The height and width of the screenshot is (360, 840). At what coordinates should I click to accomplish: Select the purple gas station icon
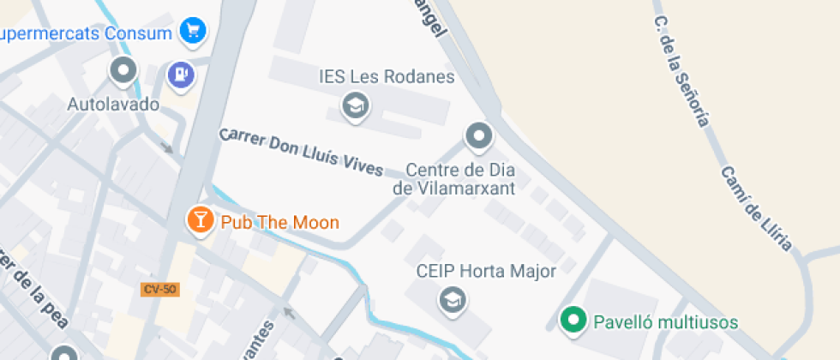(181, 75)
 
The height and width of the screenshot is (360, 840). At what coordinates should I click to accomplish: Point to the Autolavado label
(113, 105)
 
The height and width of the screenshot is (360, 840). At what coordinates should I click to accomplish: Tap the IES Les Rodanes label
(386, 77)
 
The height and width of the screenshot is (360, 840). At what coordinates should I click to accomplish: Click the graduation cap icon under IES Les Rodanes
(353, 106)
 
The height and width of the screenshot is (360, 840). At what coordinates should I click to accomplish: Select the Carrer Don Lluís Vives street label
(300, 153)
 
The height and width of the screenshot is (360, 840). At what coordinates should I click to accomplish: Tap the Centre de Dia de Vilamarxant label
(454, 178)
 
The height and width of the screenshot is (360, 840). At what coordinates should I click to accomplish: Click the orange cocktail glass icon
(200, 220)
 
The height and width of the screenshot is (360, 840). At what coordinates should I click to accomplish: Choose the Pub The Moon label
(279, 222)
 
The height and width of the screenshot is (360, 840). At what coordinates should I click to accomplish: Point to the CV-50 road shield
(159, 290)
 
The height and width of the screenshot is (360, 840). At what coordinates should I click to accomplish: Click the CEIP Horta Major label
(486, 272)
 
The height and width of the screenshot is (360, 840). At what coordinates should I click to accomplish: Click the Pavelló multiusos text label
(665, 322)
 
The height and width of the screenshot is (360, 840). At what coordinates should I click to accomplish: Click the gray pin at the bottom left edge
(64, 353)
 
